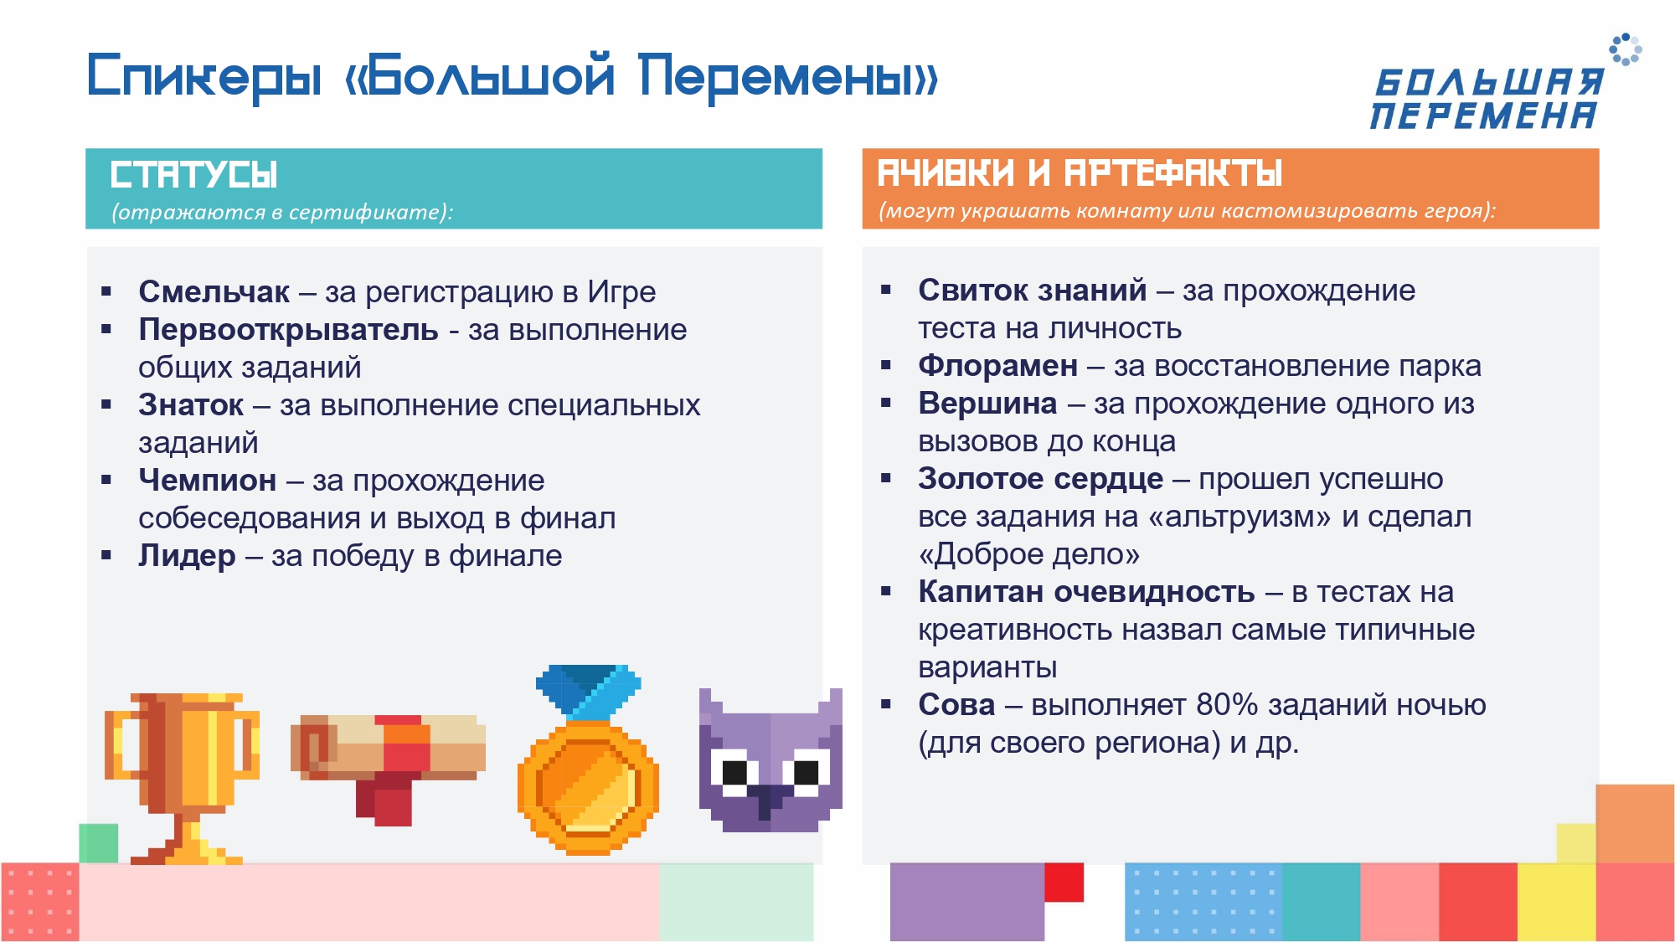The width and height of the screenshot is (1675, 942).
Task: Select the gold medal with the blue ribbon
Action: coord(588,759)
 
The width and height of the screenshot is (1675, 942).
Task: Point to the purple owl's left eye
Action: coord(734,772)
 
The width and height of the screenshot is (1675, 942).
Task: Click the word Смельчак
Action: coord(214,291)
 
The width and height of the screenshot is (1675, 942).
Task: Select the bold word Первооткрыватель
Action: coord(288,330)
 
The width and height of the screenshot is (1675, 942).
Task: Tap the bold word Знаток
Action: coord(191,405)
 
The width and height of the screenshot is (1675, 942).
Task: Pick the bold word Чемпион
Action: coord(207,481)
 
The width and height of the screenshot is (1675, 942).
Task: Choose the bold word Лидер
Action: coord(187,556)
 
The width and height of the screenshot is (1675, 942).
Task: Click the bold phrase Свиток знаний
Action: coord(1032,291)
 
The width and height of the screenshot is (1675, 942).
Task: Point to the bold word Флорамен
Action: coord(997,366)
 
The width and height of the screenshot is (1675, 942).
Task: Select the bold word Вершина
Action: coord(987,404)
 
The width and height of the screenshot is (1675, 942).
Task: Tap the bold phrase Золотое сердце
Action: coord(1040,479)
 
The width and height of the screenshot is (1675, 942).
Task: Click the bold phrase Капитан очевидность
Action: coord(1086,592)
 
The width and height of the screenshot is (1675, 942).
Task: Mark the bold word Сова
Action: coord(956,705)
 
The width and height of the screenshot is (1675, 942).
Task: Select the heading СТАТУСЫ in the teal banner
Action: coord(193,175)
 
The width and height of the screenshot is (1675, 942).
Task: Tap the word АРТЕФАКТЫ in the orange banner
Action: coord(1172,173)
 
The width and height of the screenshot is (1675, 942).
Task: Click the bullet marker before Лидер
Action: coord(106,555)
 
